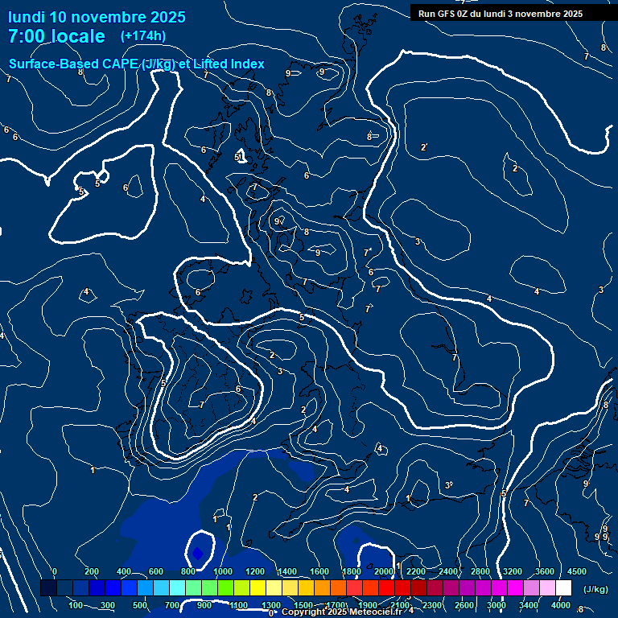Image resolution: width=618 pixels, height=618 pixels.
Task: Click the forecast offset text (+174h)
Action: point(142,35)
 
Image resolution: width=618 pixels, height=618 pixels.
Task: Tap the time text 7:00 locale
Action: point(56,36)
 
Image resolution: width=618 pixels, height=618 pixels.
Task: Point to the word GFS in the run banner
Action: point(449,13)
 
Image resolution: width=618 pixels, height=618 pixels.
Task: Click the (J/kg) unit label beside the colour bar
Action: point(595,589)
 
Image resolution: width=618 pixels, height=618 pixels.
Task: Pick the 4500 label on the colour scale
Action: point(577,571)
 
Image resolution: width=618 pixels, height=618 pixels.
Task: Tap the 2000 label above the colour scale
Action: point(384,571)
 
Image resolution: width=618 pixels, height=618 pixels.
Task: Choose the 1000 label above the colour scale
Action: point(223,571)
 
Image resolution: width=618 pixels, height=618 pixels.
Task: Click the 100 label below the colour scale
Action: point(76,605)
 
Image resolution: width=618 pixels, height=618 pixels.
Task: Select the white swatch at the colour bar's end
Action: point(563,588)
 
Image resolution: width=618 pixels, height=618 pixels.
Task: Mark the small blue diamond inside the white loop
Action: point(197,553)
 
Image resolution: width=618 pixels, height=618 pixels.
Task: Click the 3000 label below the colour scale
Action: point(496,605)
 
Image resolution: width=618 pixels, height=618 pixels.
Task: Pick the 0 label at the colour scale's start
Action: point(54,571)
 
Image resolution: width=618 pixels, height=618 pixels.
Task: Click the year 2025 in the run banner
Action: point(572,13)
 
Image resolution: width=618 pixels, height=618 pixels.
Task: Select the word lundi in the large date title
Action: point(26,17)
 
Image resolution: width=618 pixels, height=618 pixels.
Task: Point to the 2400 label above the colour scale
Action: point(448,571)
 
